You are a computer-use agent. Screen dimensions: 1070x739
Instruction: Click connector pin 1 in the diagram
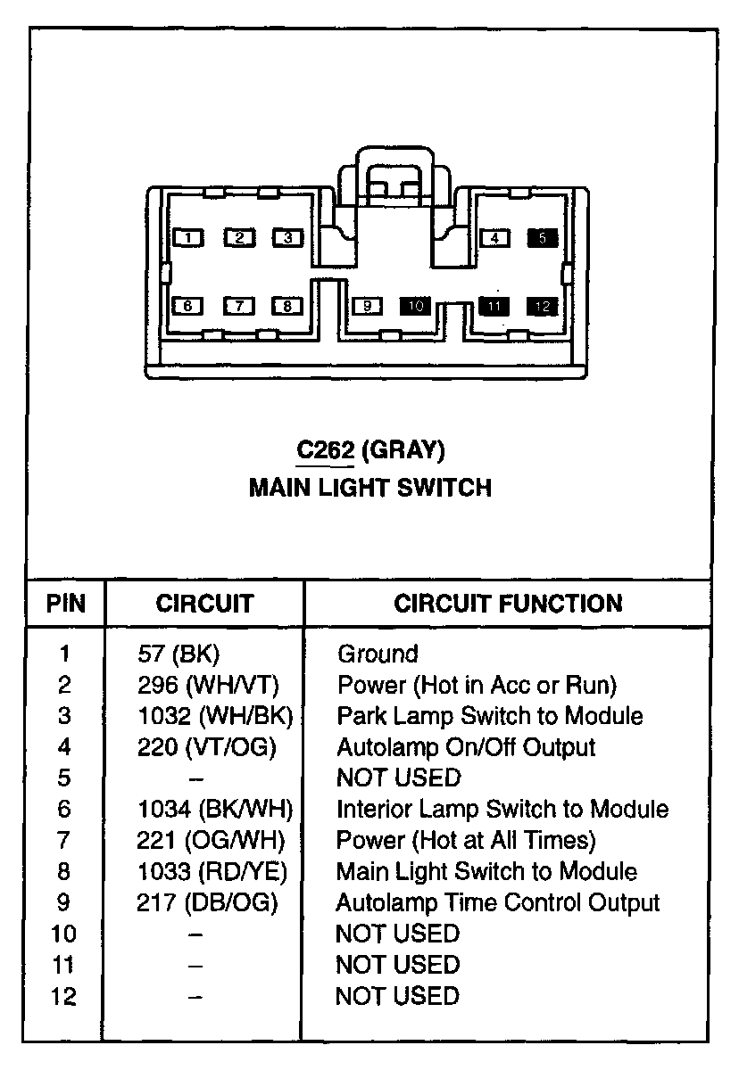click(188, 238)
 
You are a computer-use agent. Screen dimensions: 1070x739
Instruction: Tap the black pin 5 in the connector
click(543, 237)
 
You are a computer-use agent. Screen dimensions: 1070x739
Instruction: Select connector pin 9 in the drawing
click(367, 306)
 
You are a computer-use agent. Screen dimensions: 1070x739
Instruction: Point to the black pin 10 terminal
click(415, 306)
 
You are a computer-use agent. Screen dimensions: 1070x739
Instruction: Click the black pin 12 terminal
click(543, 306)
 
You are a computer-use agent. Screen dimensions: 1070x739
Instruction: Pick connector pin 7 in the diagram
click(239, 306)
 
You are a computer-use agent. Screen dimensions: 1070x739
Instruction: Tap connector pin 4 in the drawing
click(494, 237)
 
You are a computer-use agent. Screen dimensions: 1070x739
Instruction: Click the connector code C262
click(325, 451)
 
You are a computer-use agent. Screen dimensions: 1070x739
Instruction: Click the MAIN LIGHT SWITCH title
click(369, 488)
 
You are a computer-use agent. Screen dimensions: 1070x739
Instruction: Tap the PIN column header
click(65, 604)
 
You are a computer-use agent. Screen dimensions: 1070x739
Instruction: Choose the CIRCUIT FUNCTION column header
click(508, 604)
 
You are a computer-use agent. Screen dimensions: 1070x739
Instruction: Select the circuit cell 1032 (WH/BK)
click(215, 716)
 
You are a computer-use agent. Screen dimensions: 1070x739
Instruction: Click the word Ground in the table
click(377, 654)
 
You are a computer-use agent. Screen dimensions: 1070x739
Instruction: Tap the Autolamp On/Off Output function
click(465, 746)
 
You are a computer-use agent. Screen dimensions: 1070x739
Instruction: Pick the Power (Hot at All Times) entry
click(465, 840)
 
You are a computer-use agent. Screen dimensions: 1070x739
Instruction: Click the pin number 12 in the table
click(63, 995)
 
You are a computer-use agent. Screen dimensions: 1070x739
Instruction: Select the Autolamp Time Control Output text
click(497, 902)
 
